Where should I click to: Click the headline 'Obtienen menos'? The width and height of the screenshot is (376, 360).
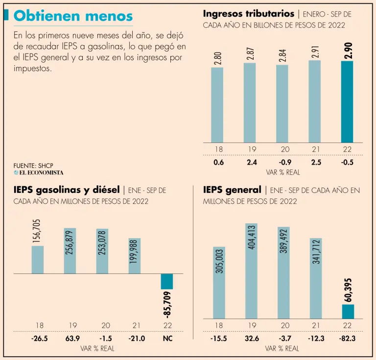(73, 16)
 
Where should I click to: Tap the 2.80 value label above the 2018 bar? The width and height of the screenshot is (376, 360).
(217, 58)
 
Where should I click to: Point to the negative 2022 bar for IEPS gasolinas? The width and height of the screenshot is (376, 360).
(167, 281)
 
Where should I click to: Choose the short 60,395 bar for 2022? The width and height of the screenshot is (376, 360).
(348, 311)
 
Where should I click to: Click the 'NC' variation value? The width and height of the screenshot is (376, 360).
(167, 338)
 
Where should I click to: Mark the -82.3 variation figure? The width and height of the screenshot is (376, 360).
(348, 338)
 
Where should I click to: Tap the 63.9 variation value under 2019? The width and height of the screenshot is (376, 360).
(70, 338)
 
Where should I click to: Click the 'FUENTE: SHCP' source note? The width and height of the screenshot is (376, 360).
(33, 166)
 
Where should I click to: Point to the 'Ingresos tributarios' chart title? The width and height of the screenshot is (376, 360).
(248, 14)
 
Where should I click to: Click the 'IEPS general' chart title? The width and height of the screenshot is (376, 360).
(232, 190)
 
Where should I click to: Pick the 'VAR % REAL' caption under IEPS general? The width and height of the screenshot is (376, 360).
(282, 349)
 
